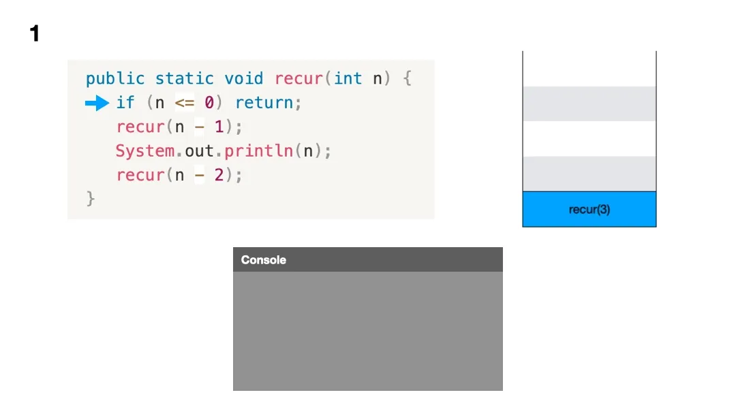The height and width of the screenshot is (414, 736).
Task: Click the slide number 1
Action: pyautogui.click(x=35, y=33)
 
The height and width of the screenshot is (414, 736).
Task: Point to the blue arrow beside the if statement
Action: pyautogui.click(x=97, y=103)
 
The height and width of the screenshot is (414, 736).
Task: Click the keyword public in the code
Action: pyautogui.click(x=115, y=79)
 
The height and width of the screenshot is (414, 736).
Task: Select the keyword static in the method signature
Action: pyautogui.click(x=184, y=79)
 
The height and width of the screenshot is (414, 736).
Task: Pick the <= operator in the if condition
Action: pyautogui.click(x=185, y=103)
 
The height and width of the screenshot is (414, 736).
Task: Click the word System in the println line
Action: pyautogui.click(x=144, y=151)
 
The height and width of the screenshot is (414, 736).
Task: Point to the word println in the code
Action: pyautogui.click(x=259, y=151)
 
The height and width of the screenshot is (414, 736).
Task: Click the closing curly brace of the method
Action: pyautogui.click(x=91, y=199)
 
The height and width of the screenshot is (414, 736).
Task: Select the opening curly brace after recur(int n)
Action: pyautogui.click(x=407, y=79)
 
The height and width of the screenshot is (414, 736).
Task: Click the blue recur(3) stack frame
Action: pyautogui.click(x=589, y=210)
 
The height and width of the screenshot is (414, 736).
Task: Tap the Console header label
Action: pyautogui.click(x=264, y=260)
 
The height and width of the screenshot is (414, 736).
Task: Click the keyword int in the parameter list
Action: pyautogui.click(x=348, y=79)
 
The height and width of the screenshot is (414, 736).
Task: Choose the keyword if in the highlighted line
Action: pyautogui.click(x=125, y=103)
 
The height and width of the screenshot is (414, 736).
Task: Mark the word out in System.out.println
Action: pyautogui.click(x=200, y=151)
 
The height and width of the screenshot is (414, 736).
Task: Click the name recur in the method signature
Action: pyautogui.click(x=298, y=79)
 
